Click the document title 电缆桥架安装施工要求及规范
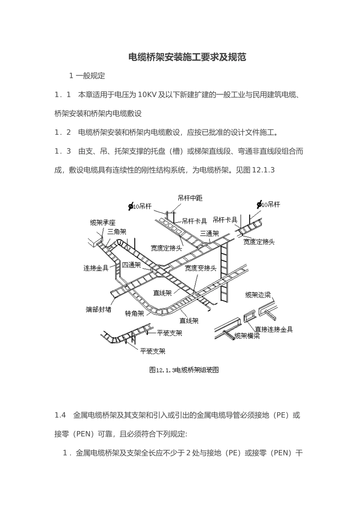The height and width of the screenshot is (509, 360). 187,57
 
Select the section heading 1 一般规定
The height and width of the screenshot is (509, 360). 87,76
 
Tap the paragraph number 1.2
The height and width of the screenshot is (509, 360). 63,133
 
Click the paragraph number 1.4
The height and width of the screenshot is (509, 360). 60,415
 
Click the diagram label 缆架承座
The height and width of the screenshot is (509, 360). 102,223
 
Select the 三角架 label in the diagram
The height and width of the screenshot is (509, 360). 116,232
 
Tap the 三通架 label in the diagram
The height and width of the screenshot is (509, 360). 210,233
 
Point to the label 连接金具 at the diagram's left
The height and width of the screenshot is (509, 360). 96,268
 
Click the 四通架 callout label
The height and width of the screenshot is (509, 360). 131,265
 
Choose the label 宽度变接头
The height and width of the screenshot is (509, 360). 200,268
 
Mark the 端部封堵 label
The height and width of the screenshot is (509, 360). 99,309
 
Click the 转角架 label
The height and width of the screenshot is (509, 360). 135,314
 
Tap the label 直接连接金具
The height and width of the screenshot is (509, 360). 274,329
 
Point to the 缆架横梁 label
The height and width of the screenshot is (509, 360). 247,336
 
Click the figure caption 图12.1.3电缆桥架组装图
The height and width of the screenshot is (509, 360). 184,370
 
